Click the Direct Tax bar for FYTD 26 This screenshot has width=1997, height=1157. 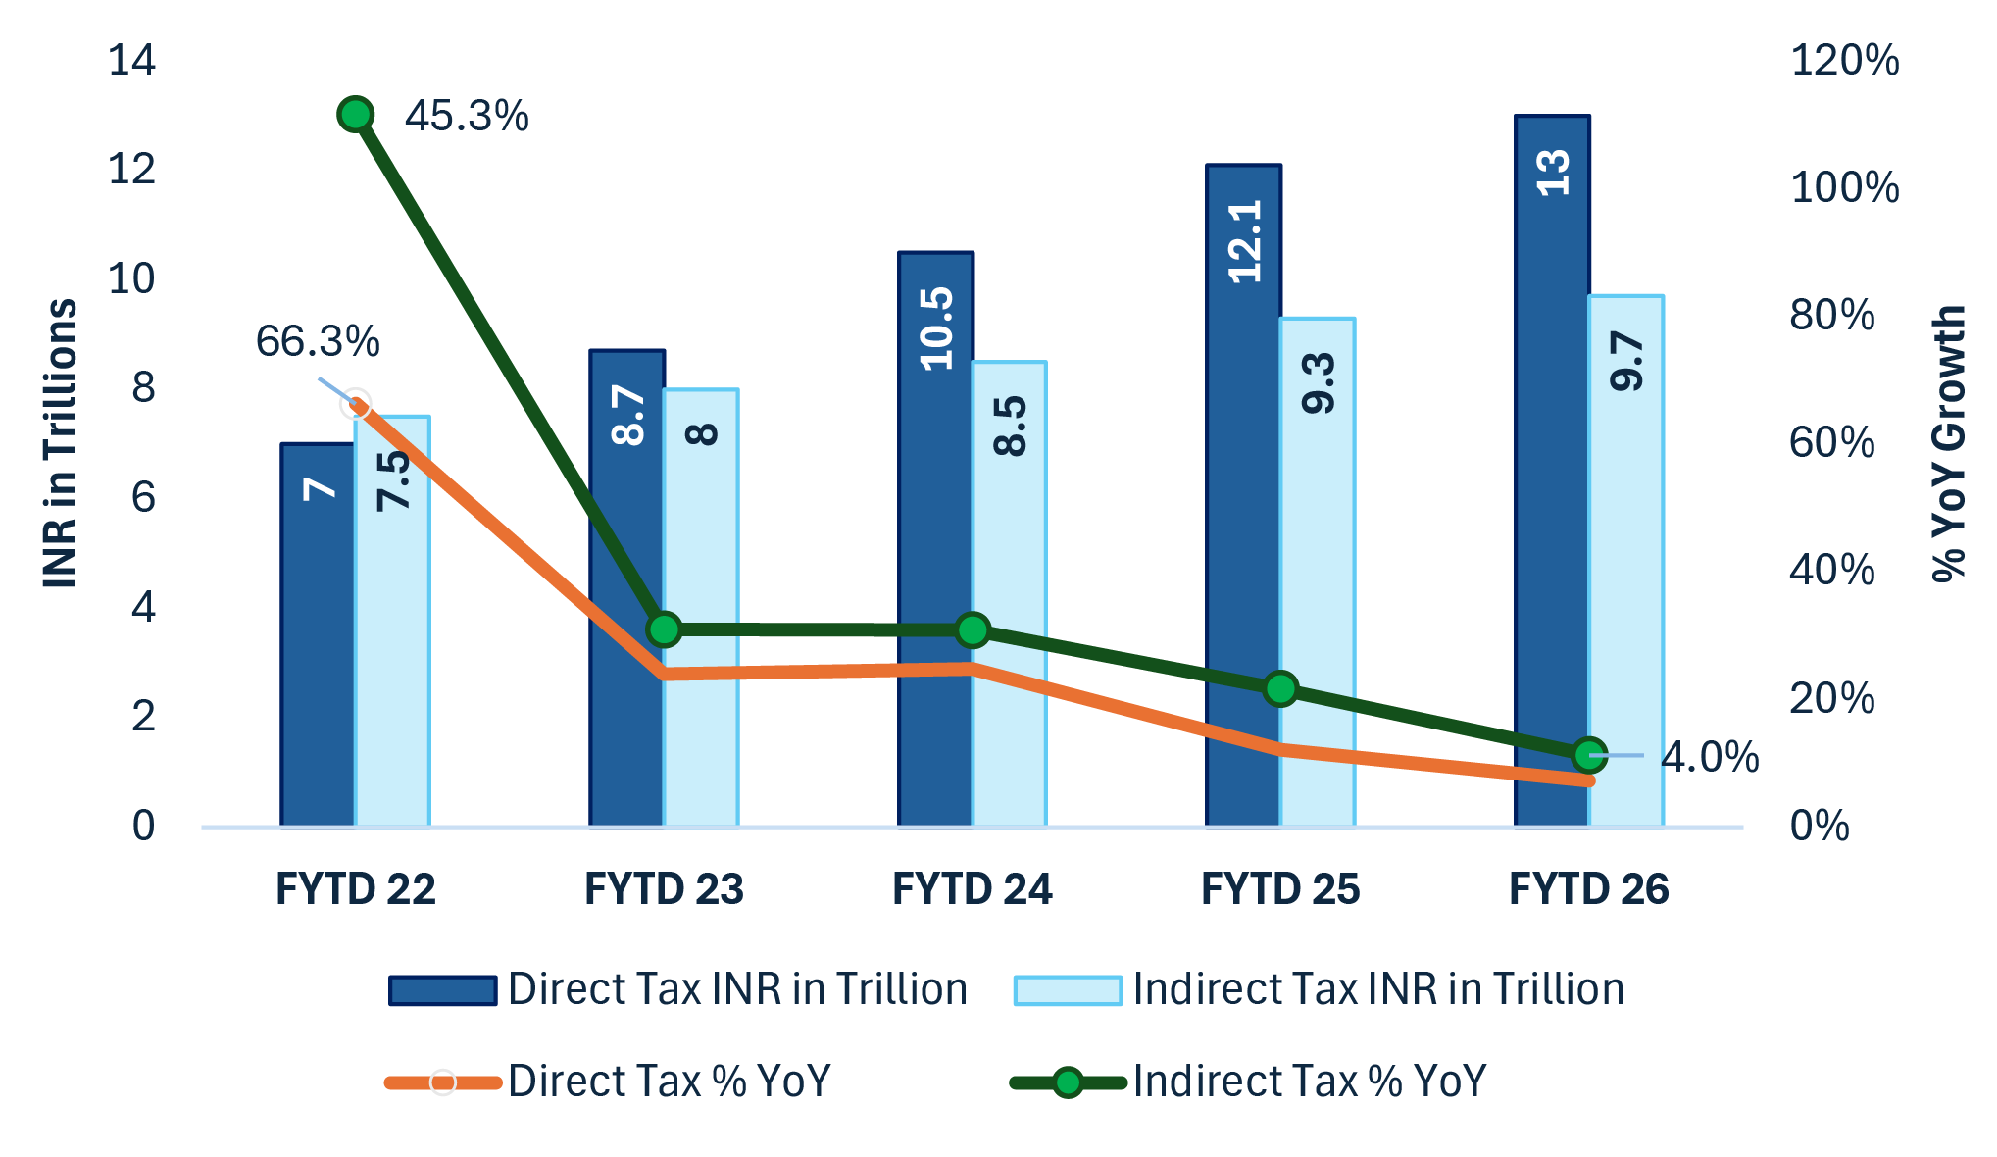click(x=1552, y=471)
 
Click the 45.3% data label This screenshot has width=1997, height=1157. click(x=467, y=116)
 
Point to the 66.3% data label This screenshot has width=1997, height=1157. click(x=317, y=341)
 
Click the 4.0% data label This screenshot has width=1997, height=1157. click(x=1709, y=757)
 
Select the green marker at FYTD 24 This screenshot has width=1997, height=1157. click(x=973, y=629)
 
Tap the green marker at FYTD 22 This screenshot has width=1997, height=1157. click(x=355, y=115)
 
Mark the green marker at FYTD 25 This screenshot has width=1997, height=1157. click(x=1280, y=689)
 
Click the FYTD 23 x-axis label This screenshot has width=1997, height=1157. click(x=664, y=888)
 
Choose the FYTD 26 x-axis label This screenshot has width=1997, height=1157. click(x=1588, y=888)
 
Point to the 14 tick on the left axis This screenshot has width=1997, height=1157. click(x=131, y=61)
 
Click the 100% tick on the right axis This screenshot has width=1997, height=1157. click(x=1844, y=187)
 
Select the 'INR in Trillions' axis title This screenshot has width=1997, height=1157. click(x=60, y=443)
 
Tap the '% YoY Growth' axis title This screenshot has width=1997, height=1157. click(x=1949, y=443)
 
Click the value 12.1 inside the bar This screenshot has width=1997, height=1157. click(x=1244, y=241)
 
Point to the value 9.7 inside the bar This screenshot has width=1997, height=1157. click(x=1626, y=361)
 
